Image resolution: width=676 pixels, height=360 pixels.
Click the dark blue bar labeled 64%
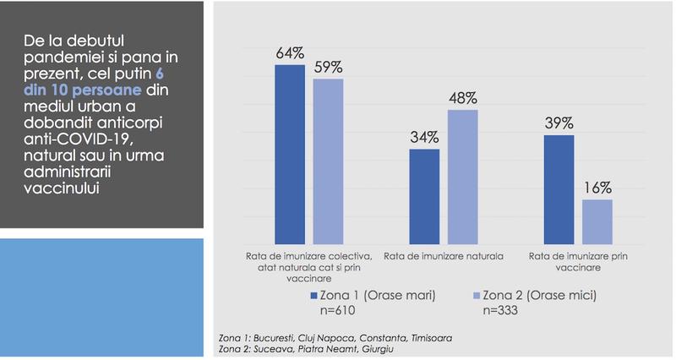tap(290, 153)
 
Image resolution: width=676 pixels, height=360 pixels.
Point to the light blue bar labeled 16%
tap(597, 221)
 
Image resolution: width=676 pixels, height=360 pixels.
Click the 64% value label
tap(290, 52)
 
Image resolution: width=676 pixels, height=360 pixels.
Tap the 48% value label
tap(463, 99)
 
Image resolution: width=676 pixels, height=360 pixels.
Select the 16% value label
tap(597, 188)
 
